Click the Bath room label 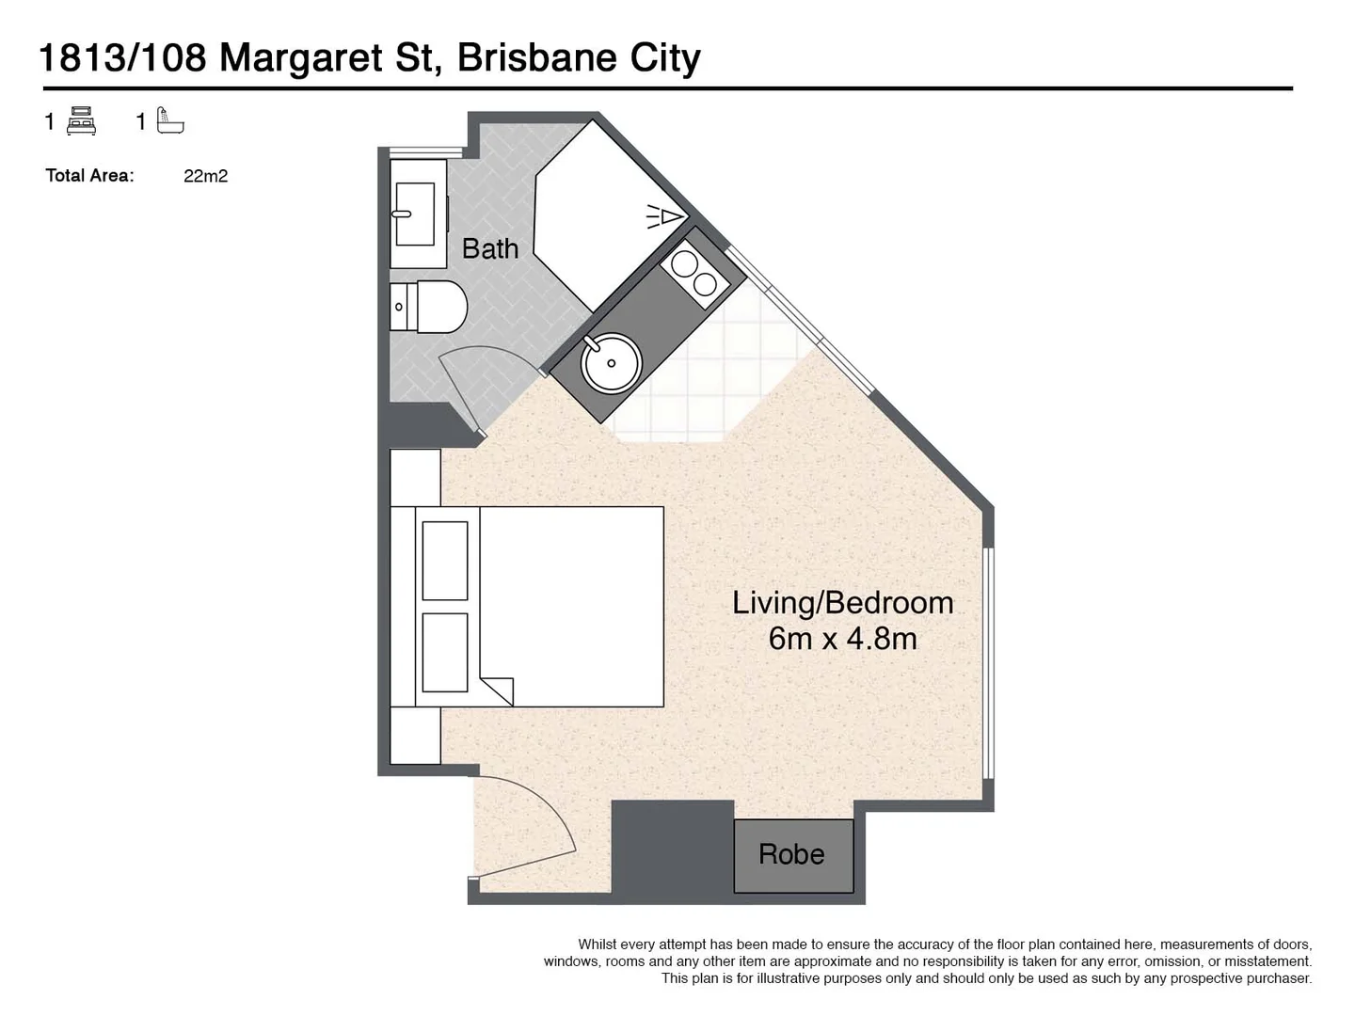(489, 249)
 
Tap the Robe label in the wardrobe (791, 854)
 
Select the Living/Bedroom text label (842, 603)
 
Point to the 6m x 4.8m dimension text (842, 639)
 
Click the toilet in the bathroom (430, 306)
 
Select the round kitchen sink (611, 362)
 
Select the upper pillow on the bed (445, 561)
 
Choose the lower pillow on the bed (445, 652)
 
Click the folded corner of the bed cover (498, 689)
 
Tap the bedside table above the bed (415, 477)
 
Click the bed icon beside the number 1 (82, 122)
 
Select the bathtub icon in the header (170, 122)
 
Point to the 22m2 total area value (205, 176)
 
